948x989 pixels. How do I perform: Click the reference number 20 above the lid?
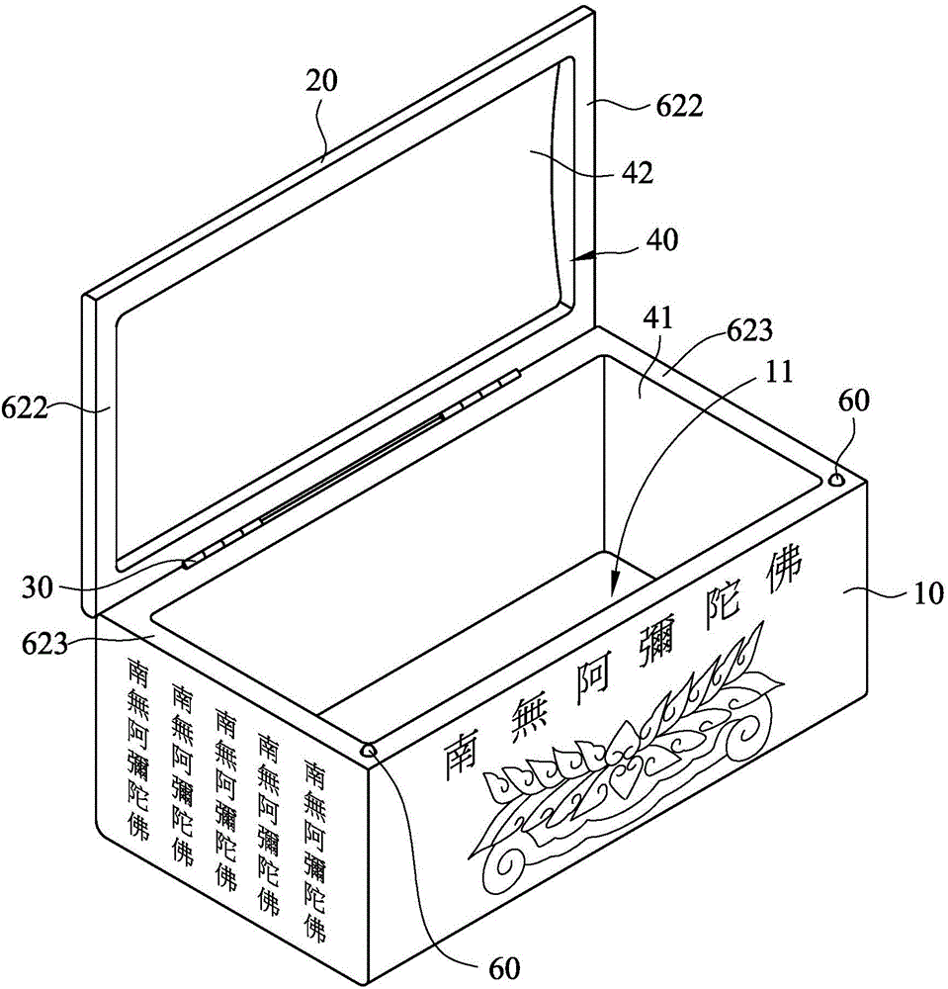click(321, 80)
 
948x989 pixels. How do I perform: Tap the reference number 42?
click(638, 173)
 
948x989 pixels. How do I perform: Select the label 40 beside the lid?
click(662, 239)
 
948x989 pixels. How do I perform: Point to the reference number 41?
click(658, 318)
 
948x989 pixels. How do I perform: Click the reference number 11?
click(778, 372)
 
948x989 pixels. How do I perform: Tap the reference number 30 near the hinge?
click(39, 587)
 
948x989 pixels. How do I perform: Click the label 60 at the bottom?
click(504, 968)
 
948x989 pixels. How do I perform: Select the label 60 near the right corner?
click(853, 401)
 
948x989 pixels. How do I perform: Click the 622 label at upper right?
click(679, 107)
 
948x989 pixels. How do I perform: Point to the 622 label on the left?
click(24, 408)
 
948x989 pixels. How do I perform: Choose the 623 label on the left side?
click(44, 644)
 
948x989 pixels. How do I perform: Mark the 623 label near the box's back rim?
click(749, 330)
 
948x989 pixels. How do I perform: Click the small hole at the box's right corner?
click(837, 480)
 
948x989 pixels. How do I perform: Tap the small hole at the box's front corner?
click(368, 750)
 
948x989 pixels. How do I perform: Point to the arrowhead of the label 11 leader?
click(616, 584)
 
